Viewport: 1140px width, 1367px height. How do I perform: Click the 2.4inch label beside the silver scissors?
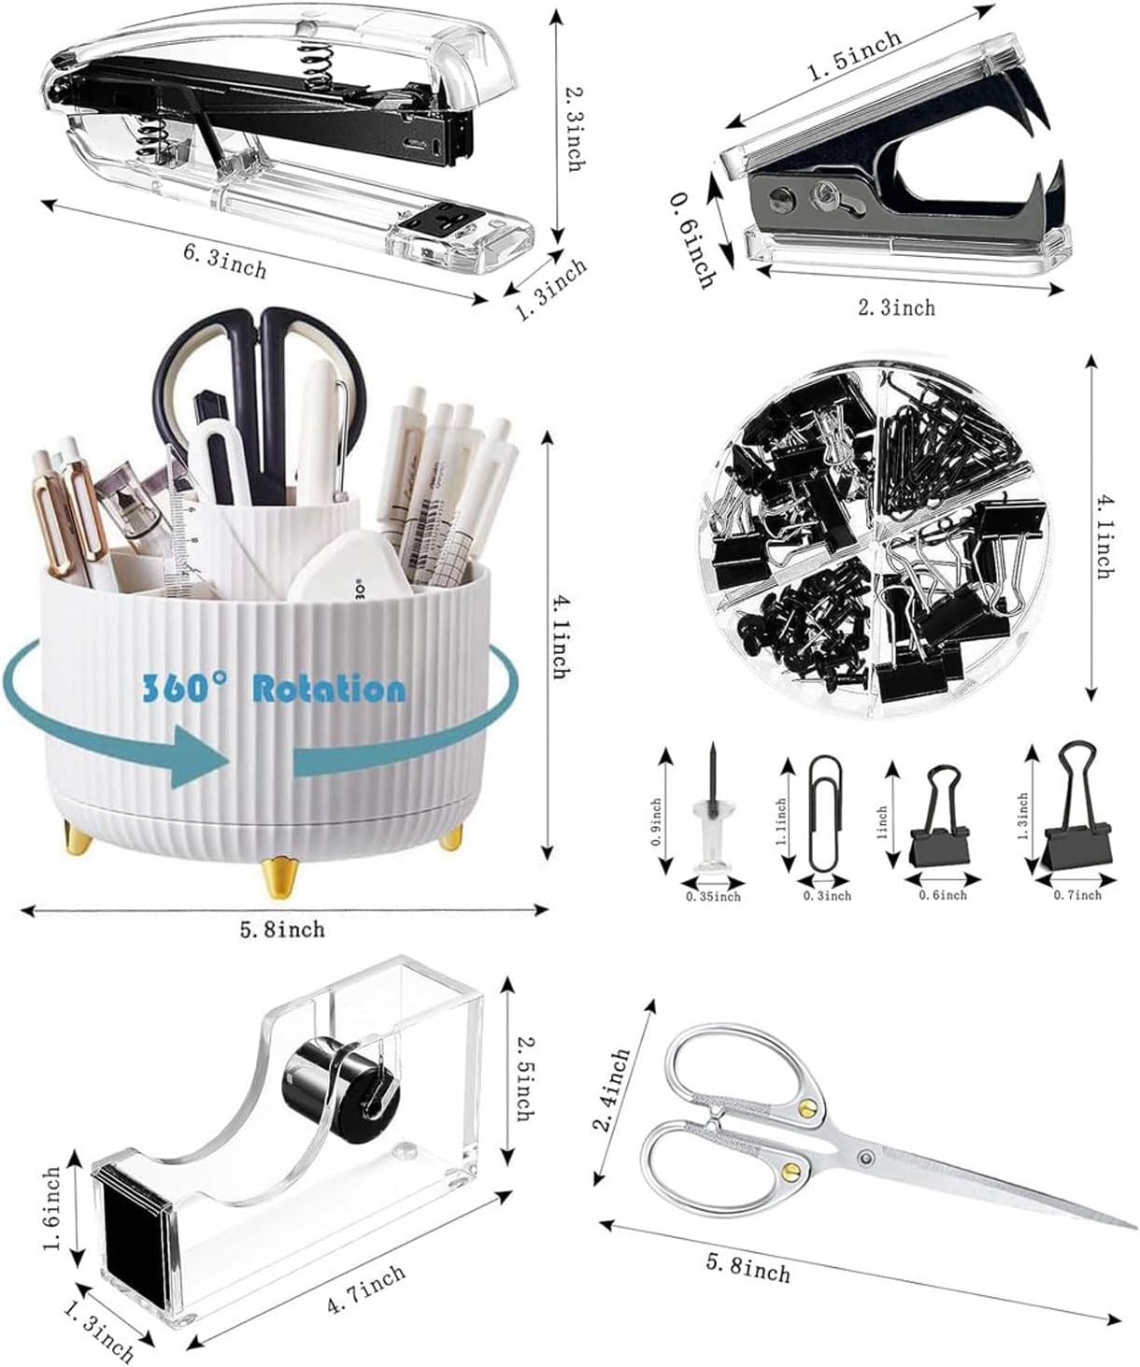pos(615,1089)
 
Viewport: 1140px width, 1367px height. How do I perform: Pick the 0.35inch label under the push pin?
pos(713,897)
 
